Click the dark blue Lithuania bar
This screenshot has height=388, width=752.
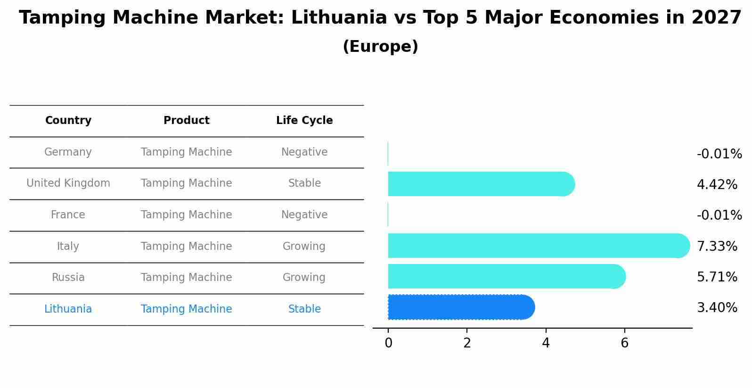[x=461, y=307]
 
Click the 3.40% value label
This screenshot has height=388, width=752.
[x=717, y=308]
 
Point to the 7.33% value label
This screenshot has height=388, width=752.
[x=717, y=246]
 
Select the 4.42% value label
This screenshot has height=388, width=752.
[x=717, y=184]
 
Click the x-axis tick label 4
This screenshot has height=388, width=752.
[x=546, y=343]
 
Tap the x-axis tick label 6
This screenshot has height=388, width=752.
[x=624, y=343]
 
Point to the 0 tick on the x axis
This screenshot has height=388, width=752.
[x=388, y=343]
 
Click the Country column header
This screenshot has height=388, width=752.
[x=68, y=121]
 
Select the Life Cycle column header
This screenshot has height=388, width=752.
[x=304, y=121]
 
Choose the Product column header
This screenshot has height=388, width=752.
[x=187, y=121]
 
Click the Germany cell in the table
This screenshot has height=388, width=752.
[x=68, y=152]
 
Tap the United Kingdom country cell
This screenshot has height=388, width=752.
[x=68, y=183]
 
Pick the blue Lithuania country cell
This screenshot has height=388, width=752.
[x=68, y=309]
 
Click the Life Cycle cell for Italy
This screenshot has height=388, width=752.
[x=304, y=247]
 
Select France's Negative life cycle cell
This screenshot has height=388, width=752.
[x=304, y=215]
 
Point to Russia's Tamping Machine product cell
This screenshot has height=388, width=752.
[x=187, y=278]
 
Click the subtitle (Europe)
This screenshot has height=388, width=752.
[x=380, y=47]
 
